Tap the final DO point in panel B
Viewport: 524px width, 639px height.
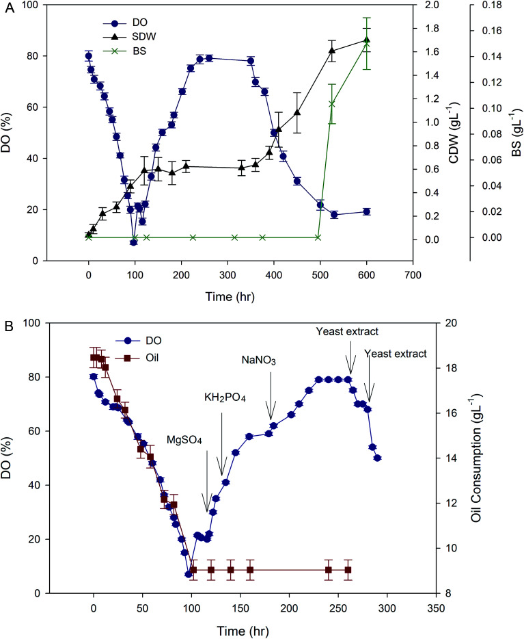point(377,458)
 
